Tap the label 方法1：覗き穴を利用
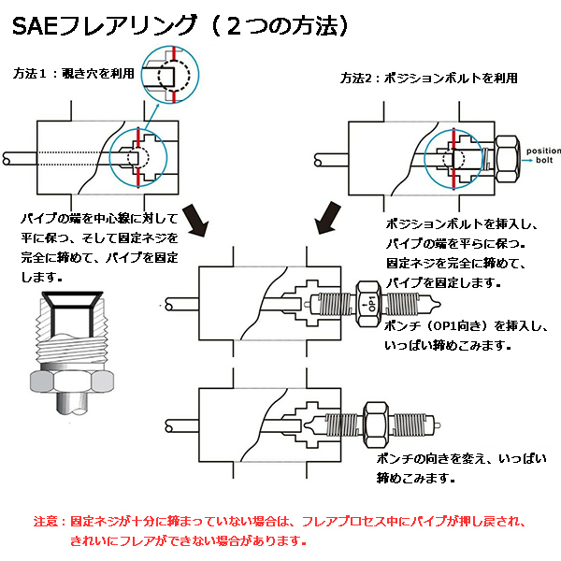(74, 72)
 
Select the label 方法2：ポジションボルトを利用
(428, 79)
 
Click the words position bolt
(541, 155)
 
